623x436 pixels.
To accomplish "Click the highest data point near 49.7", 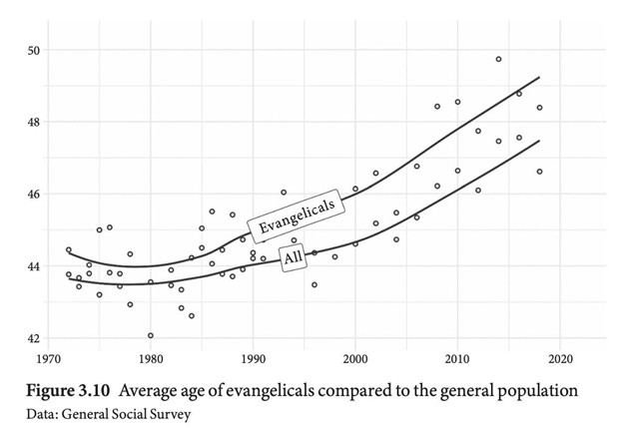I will (x=498, y=59).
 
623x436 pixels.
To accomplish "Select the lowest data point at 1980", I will (x=151, y=335).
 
